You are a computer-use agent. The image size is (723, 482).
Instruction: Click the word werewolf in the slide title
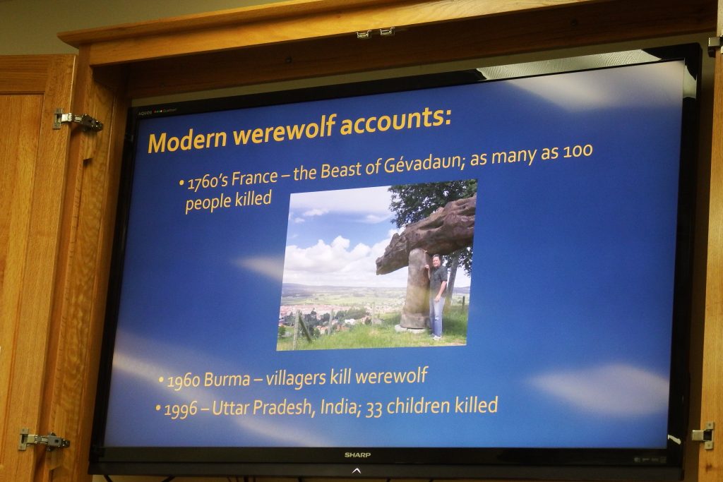tap(284, 131)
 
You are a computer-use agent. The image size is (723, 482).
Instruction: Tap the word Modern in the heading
tap(187, 140)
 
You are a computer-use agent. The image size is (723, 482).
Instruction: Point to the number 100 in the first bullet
tap(578, 151)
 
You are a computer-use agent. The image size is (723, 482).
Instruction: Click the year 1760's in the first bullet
tap(208, 181)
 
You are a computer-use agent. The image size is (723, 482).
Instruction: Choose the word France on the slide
tap(255, 177)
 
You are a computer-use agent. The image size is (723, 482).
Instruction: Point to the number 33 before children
tap(374, 409)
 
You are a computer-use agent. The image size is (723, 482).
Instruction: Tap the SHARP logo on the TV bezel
tap(357, 455)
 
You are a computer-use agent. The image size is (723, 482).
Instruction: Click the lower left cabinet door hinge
tap(44, 440)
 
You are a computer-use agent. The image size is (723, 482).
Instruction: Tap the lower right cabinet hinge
tap(703, 435)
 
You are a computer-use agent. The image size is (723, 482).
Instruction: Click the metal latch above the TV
tap(376, 33)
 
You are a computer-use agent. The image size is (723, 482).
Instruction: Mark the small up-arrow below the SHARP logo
tap(357, 471)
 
